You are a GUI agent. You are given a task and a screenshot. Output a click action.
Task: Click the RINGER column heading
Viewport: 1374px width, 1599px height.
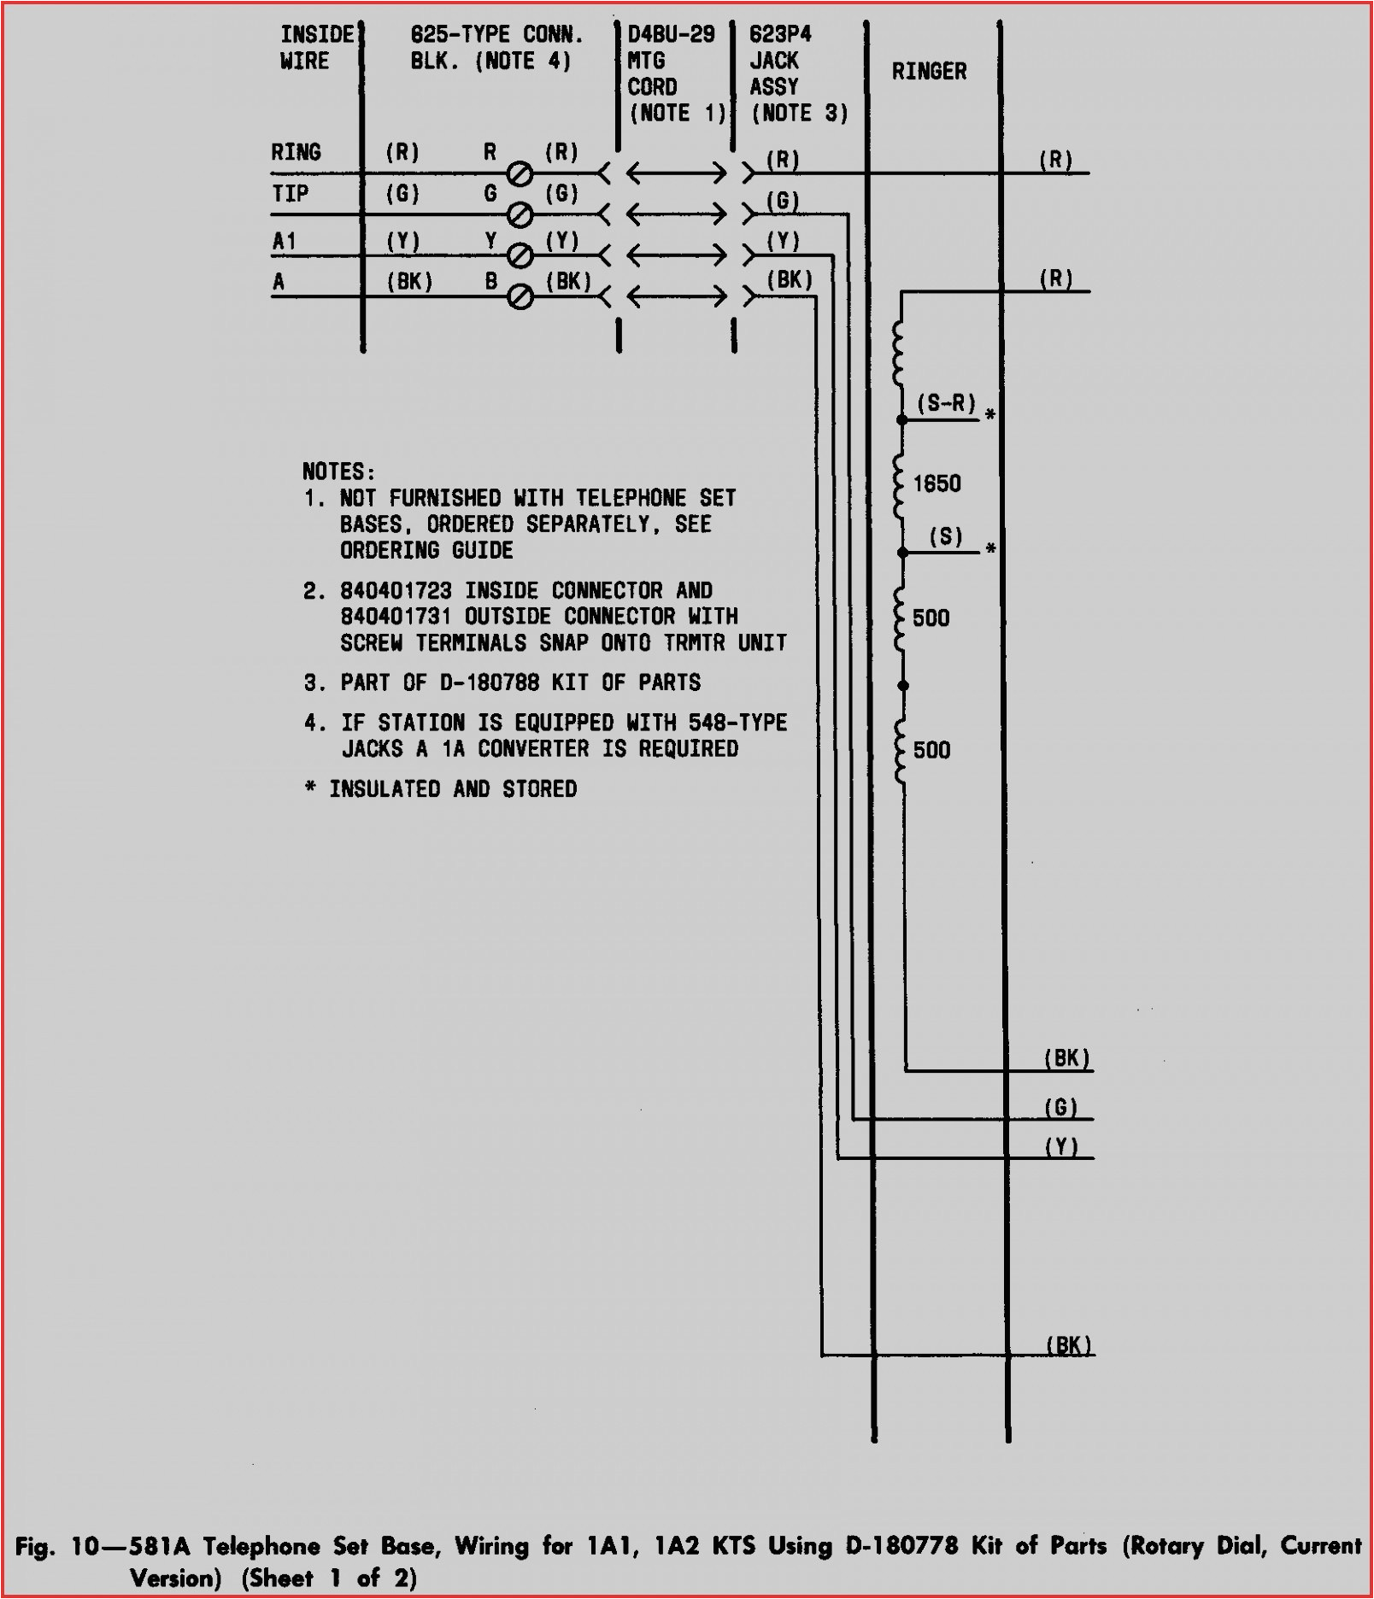[929, 72]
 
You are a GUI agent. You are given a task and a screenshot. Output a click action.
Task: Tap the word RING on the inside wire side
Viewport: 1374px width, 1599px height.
[296, 153]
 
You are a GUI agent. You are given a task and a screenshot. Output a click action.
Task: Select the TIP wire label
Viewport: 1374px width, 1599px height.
[290, 194]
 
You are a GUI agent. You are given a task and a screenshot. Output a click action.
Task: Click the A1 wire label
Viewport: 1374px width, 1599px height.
[284, 242]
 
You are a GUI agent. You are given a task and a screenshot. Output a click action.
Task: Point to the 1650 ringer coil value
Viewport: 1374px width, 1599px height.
[937, 484]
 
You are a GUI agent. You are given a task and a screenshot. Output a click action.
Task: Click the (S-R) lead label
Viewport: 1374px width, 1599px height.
[946, 403]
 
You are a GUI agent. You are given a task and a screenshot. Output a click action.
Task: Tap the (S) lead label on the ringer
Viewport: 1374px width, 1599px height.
[946, 536]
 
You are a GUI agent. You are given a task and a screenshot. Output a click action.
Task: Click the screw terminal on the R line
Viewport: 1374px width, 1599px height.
[520, 174]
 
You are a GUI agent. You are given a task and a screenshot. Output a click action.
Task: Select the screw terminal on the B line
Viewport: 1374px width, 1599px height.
[520, 296]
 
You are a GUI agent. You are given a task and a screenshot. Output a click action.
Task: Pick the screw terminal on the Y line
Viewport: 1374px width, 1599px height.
[520, 255]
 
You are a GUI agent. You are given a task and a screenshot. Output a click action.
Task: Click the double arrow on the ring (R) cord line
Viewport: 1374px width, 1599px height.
[676, 173]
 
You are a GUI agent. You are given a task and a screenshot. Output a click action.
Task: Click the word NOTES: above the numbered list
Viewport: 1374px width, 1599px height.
[338, 471]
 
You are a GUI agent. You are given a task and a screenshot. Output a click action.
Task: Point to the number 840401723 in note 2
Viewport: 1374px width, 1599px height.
[396, 590]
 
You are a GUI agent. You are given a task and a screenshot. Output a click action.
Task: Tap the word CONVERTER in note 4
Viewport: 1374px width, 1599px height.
[533, 749]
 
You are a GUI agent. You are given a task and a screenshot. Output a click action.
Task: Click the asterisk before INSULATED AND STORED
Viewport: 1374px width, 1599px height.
[310, 788]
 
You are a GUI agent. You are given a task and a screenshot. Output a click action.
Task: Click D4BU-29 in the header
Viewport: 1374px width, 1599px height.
[671, 35]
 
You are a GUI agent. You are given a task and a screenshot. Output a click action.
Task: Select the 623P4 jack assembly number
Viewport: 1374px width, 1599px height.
[780, 35]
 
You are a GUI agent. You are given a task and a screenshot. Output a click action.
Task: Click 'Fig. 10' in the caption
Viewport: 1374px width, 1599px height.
[58, 1546]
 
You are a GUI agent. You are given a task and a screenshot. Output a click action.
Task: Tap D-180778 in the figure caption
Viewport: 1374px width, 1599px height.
[901, 1546]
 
